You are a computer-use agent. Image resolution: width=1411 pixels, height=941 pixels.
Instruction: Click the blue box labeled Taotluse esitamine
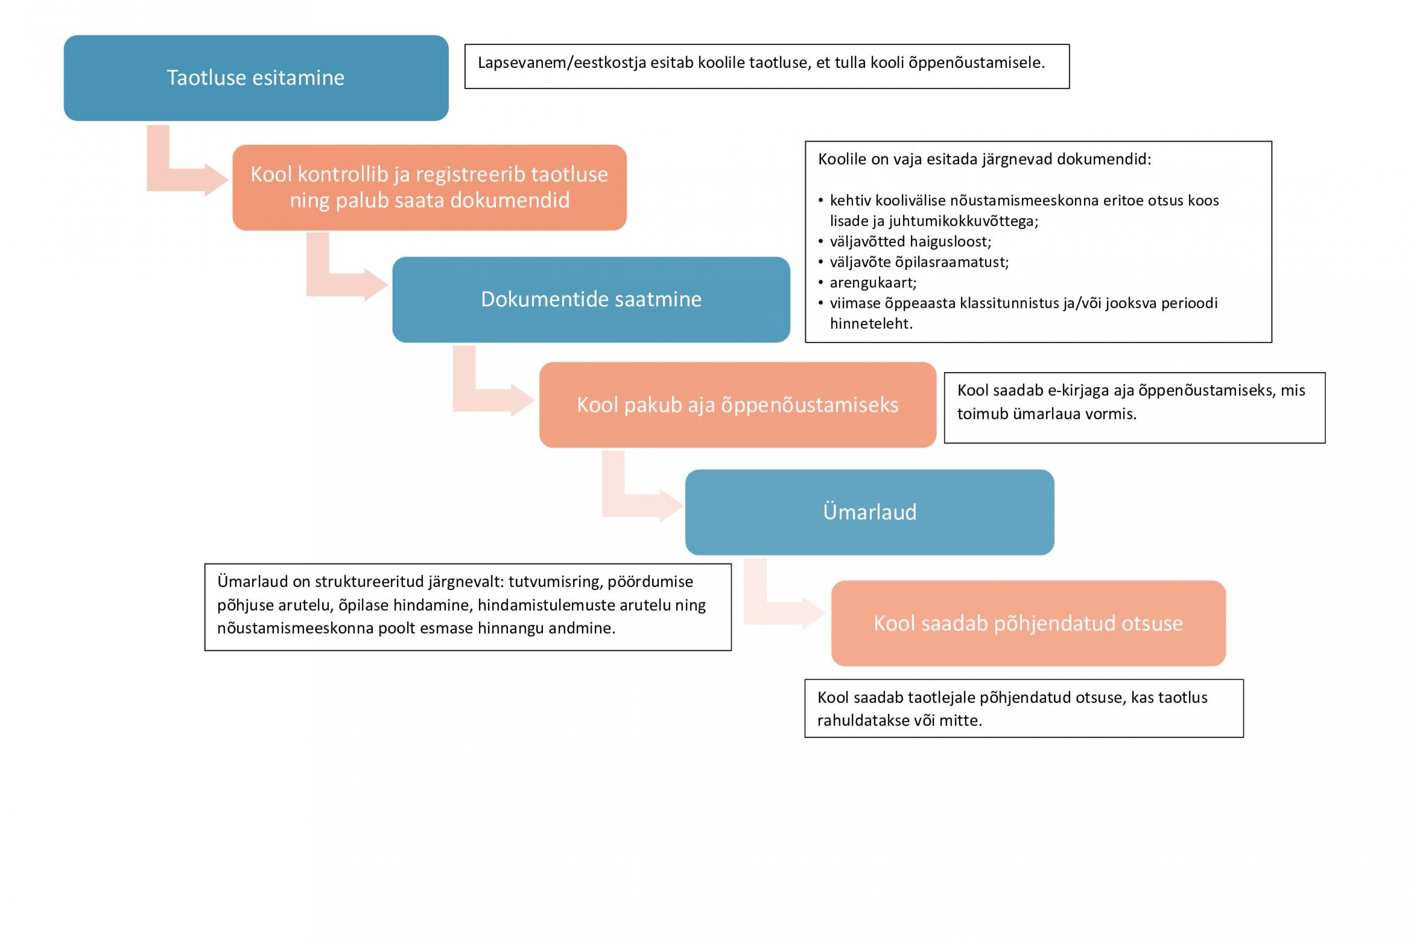coord(256,78)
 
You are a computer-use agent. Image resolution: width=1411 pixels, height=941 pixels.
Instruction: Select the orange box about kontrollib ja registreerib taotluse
coord(430,187)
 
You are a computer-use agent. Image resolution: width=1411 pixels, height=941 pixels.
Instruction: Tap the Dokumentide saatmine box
coord(591,300)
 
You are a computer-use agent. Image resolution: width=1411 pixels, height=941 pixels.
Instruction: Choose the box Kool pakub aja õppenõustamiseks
coord(737,404)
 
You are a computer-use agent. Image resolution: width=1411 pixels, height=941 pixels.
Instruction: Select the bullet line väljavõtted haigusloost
coord(910,241)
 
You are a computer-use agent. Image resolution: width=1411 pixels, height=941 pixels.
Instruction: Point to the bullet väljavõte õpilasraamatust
coord(919,262)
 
